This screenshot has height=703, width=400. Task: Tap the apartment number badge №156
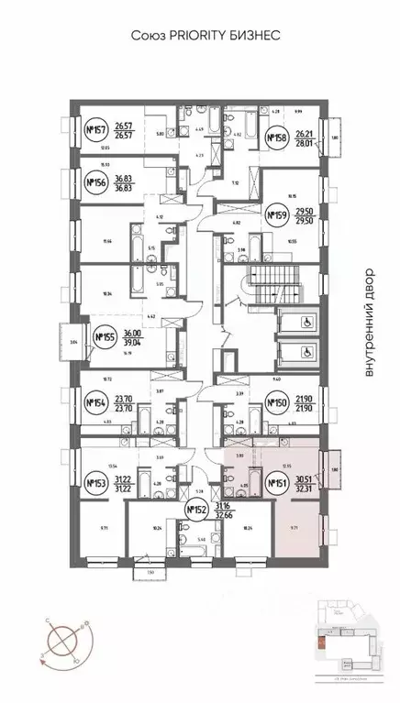95,181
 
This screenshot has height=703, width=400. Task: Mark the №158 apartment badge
276,138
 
